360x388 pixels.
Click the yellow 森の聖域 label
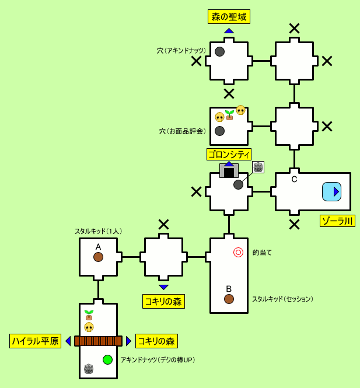pyautogui.click(x=229, y=17)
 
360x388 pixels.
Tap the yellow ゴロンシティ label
pyautogui.click(x=229, y=154)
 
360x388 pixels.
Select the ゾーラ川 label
pyautogui.click(x=337, y=221)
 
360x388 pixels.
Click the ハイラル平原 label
pyautogui.click(x=35, y=341)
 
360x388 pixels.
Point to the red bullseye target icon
pyautogui.click(x=238, y=252)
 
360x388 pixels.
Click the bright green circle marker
pyautogui.click(x=107, y=359)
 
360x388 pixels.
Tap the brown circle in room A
pyautogui.click(x=98, y=257)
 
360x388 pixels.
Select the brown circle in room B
pyautogui.click(x=229, y=299)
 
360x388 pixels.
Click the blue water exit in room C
pyautogui.click(x=331, y=191)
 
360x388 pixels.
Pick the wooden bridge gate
pyautogui.click(x=98, y=341)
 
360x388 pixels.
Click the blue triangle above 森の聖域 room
pyautogui.click(x=229, y=30)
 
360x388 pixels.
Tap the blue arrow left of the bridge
pyautogui.click(x=68, y=341)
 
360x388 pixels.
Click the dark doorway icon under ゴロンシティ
pyautogui.click(x=229, y=172)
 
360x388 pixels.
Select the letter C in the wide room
pyautogui.click(x=294, y=179)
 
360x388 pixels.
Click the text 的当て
pyautogui.click(x=262, y=253)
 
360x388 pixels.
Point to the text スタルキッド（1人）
pyautogui.click(x=98, y=231)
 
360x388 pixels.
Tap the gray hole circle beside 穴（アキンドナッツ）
pyautogui.click(x=219, y=51)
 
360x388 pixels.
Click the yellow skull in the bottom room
pyautogui.click(x=89, y=327)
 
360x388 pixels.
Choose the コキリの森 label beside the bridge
pyautogui.click(x=156, y=341)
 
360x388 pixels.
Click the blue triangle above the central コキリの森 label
pyautogui.click(x=163, y=287)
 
